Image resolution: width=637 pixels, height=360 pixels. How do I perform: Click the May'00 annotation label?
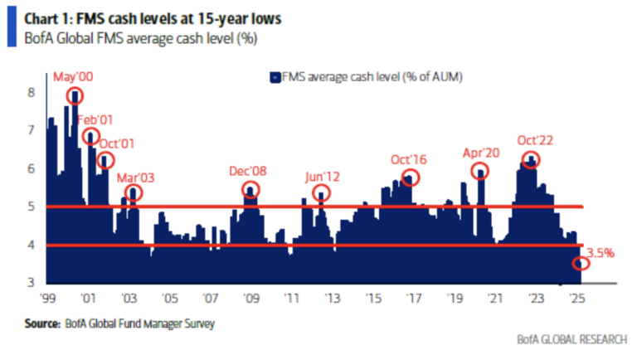coord(73,77)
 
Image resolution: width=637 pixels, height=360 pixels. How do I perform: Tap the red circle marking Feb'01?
coord(90,136)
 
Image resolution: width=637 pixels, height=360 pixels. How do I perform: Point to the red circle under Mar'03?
coord(134,193)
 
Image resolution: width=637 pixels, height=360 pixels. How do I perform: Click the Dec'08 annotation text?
coord(250,171)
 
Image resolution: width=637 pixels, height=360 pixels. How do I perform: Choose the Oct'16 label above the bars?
coord(409,159)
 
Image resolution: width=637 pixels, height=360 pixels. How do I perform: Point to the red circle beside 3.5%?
coord(581,264)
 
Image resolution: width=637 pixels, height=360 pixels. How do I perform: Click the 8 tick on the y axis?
coord(31,93)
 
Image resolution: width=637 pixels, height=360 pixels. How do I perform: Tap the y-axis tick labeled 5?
coord(31,207)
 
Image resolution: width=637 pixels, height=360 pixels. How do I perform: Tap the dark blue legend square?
coord(271,77)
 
